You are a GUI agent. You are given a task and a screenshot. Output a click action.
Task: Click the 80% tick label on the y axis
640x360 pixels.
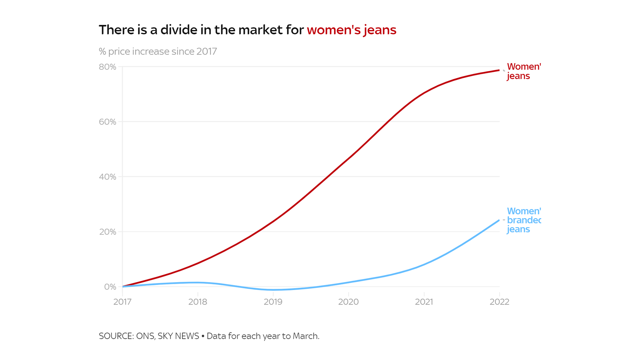pos(107,67)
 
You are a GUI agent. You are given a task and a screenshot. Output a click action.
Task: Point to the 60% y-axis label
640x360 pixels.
pos(107,122)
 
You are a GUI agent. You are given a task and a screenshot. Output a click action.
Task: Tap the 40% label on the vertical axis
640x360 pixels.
pos(107,177)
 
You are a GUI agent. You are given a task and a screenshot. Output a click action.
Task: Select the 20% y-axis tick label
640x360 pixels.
pos(107,232)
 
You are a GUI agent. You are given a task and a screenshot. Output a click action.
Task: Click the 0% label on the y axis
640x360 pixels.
pos(110,287)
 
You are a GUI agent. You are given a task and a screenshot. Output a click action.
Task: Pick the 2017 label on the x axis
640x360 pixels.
pos(122,302)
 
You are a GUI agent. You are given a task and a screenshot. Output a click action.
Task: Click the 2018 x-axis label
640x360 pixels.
pos(197,302)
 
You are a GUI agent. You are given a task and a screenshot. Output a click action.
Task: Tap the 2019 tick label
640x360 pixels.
pos(273,302)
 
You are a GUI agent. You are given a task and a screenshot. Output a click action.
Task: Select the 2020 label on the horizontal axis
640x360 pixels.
pos(348,302)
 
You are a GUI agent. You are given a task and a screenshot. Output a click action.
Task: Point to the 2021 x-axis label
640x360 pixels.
pos(424,302)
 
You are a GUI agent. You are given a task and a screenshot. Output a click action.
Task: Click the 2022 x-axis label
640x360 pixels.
pos(499,302)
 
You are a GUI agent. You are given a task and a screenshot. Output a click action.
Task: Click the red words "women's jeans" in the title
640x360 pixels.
pos(351,30)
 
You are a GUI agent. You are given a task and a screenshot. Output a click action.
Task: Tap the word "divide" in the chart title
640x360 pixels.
pos(179,30)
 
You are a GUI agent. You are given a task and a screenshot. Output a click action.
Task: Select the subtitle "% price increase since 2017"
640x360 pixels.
pos(158,51)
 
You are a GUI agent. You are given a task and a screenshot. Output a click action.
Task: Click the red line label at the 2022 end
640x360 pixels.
pos(523,71)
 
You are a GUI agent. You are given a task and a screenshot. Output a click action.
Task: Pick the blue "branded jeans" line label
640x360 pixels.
pos(523,220)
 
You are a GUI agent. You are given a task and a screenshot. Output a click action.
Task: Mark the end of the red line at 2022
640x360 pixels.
pos(499,70)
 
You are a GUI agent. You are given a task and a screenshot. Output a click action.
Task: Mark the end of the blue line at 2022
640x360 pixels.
pos(499,220)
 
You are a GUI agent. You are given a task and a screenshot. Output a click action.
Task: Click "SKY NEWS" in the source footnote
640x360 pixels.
pos(178,336)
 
